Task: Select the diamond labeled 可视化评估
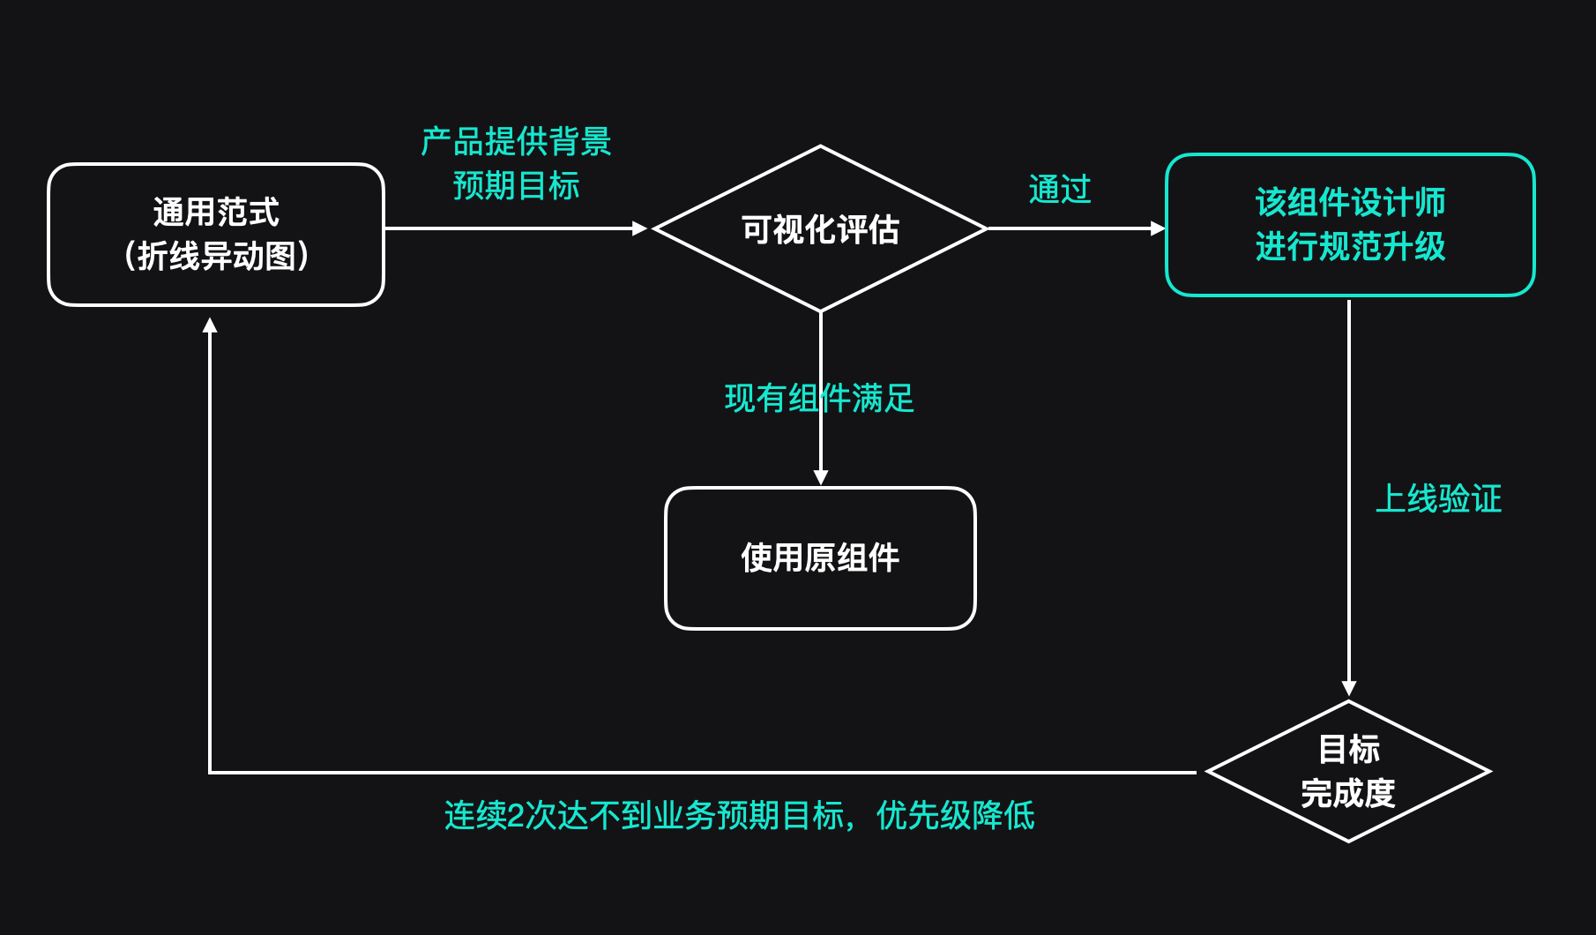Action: (820, 229)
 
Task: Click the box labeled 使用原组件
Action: (820, 558)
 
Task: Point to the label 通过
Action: (1060, 190)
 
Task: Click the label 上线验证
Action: (1438, 499)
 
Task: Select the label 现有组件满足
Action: (819, 399)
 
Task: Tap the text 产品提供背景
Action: (517, 141)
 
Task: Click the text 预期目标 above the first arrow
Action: (517, 186)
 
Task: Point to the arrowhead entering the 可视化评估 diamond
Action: (640, 228)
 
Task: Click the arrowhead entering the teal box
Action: (1158, 228)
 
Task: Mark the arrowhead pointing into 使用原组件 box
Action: (821, 477)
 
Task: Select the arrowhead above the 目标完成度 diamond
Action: (1348, 688)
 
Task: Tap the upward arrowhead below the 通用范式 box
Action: (210, 325)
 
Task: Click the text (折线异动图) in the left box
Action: (216, 257)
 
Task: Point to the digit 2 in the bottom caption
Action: (516, 816)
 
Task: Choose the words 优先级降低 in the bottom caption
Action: (956, 816)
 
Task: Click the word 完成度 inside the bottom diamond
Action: (1348, 793)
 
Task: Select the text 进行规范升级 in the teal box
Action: (1350, 247)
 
